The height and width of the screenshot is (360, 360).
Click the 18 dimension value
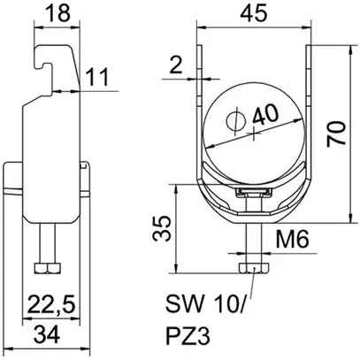click(x=58, y=13)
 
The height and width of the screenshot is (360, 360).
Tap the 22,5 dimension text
click(x=51, y=304)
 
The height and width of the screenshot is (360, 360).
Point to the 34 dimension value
click(x=47, y=334)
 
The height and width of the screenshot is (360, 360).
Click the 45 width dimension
click(x=254, y=13)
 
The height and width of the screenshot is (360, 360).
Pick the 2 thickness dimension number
click(x=176, y=65)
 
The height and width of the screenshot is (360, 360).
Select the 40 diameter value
click(x=265, y=115)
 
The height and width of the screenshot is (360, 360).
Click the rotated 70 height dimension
click(x=336, y=134)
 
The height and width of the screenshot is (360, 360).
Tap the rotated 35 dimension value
click(x=162, y=228)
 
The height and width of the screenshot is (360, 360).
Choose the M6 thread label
click(x=292, y=239)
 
